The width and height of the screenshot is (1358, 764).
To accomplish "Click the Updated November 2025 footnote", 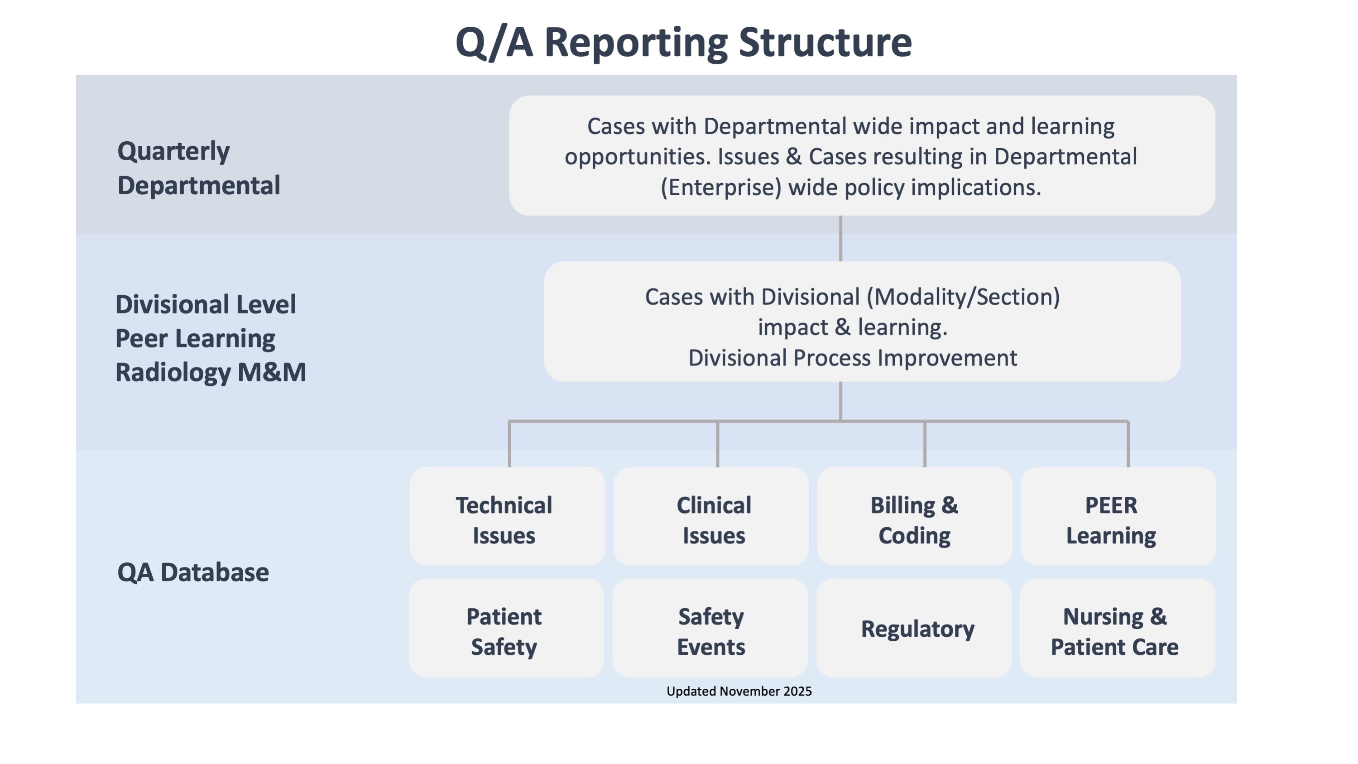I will pos(739,691).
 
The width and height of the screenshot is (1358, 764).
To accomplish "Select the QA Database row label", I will pos(193,572).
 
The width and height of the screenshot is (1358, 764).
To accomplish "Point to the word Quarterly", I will pos(173,152).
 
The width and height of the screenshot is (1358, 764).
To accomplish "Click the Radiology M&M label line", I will pos(211,372).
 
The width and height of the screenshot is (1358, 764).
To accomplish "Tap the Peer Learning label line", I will pos(195,338).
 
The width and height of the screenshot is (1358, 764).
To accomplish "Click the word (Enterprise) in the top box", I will pos(720,187).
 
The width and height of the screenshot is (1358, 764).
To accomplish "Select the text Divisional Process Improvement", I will pos(853,358).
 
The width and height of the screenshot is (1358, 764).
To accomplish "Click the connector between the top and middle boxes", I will pos(840,238).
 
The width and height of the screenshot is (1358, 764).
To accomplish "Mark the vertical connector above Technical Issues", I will pos(509,444).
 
